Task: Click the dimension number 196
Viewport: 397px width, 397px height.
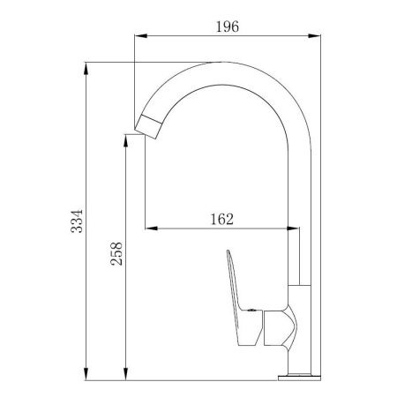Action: pos(228,26)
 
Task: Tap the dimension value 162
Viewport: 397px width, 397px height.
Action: pos(222,220)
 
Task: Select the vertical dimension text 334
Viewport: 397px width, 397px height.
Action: pos(77,221)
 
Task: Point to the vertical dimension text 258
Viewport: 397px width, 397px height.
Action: pos(116,254)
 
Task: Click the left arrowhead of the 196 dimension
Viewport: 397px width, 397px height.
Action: pos(140,36)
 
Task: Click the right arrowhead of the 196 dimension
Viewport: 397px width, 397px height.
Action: pos(314,36)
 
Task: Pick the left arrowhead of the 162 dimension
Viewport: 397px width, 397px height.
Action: pos(151,228)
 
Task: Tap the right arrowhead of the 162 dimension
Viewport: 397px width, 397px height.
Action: pos(293,228)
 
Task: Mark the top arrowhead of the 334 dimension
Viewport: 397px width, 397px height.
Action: pos(86,69)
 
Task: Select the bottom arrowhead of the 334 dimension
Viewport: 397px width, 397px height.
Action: pos(86,374)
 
